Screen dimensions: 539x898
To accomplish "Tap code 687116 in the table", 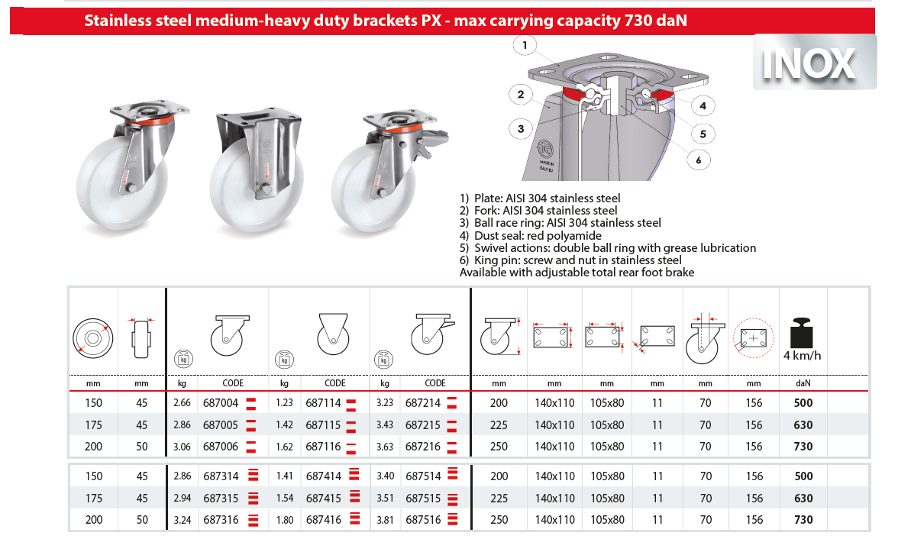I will click(x=323, y=447).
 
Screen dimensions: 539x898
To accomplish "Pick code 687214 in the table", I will click(x=423, y=403).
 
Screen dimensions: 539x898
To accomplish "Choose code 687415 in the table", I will click(x=323, y=499).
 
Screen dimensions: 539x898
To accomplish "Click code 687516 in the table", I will click(x=423, y=520).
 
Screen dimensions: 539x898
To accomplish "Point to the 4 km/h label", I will click(x=803, y=355).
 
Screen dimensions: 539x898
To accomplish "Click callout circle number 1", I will click(x=525, y=46).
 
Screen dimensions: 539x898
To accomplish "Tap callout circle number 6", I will click(x=698, y=160).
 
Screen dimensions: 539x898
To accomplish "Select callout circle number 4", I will click(x=703, y=105).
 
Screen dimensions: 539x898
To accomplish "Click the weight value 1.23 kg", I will click(x=285, y=403).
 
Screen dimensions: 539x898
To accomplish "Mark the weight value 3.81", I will click(x=386, y=520).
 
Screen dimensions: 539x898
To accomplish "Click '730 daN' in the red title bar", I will click(x=656, y=21).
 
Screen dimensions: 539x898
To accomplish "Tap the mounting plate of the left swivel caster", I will click(x=140, y=108).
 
